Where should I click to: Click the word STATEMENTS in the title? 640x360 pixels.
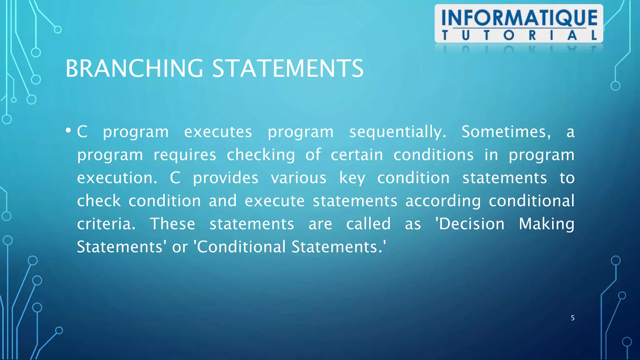pyautogui.click(x=288, y=68)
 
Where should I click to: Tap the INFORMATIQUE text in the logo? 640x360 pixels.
pyautogui.click(x=519, y=18)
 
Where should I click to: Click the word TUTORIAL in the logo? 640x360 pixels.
pyautogui.click(x=519, y=35)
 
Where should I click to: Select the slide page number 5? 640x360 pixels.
pyautogui.click(x=572, y=318)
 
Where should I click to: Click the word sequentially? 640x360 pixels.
pyautogui.click(x=397, y=132)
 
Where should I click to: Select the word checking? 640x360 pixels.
pyautogui.click(x=261, y=155)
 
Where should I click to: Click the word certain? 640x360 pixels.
pyautogui.click(x=357, y=155)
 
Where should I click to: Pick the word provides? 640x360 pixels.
pyautogui.click(x=225, y=178)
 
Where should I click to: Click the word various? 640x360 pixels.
pyautogui.click(x=298, y=178)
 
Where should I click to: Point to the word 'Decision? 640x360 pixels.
pyautogui.click(x=470, y=224)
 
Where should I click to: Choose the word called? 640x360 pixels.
pyautogui.click(x=368, y=224)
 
